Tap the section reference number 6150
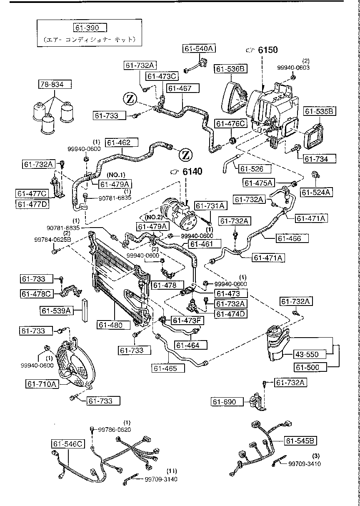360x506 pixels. tap(267, 50)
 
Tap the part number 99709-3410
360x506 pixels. tap(305, 463)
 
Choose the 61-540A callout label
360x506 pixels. tap(198, 49)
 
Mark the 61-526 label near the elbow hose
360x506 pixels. tap(255, 168)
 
